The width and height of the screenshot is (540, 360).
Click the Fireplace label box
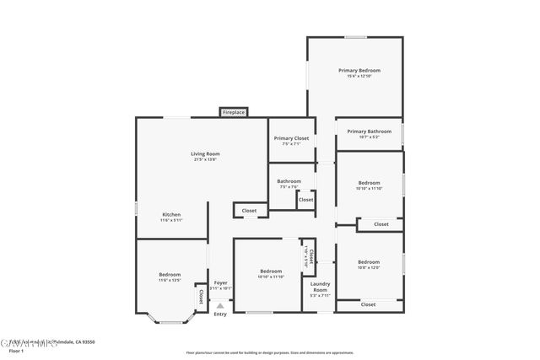[234, 112]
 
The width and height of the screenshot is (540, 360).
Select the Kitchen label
[171, 215]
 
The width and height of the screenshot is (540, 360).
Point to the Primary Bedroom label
[359, 70]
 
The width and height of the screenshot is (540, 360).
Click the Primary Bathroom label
[369, 132]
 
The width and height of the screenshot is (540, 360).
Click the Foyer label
[220, 283]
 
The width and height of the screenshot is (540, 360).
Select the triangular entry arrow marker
[220, 306]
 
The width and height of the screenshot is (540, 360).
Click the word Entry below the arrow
[220, 314]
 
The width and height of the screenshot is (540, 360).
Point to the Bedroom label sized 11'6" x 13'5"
[170, 275]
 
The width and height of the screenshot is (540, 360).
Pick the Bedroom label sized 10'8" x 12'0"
[369, 261]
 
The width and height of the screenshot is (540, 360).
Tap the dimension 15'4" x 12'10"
[359, 77]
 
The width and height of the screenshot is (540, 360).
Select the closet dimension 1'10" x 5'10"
[305, 253]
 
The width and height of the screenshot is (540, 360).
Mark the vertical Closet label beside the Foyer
[201, 296]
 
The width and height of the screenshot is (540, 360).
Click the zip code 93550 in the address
[87, 342]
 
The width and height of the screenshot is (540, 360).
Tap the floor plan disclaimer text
[270, 352]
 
